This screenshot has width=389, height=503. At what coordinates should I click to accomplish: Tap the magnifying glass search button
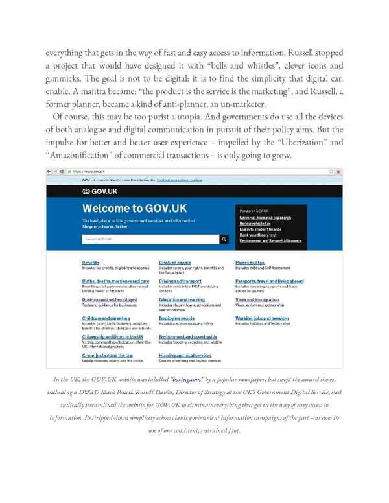(224, 239)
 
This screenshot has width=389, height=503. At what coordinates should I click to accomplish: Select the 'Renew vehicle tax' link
(253, 222)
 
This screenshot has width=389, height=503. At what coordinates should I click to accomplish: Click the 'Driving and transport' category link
(180, 281)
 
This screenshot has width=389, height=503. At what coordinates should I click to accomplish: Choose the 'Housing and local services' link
(185, 355)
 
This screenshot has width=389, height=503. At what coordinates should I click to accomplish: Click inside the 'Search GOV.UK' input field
(149, 239)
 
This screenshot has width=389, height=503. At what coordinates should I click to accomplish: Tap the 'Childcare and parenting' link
(106, 318)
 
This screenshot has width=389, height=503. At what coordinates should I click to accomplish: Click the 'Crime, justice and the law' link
(108, 355)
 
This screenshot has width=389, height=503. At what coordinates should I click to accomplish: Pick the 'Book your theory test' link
(258, 234)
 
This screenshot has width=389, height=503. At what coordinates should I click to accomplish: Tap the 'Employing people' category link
(176, 318)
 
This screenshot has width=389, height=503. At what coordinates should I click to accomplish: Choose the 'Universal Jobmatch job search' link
(265, 217)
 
